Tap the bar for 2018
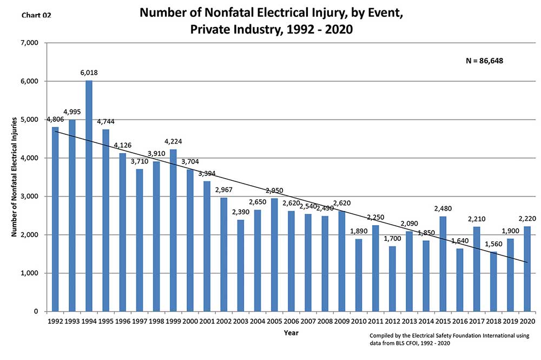point(493,282)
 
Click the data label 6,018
point(89,73)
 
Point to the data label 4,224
point(173,141)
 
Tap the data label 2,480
point(443,208)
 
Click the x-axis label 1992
point(55,322)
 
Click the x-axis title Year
point(291,333)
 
